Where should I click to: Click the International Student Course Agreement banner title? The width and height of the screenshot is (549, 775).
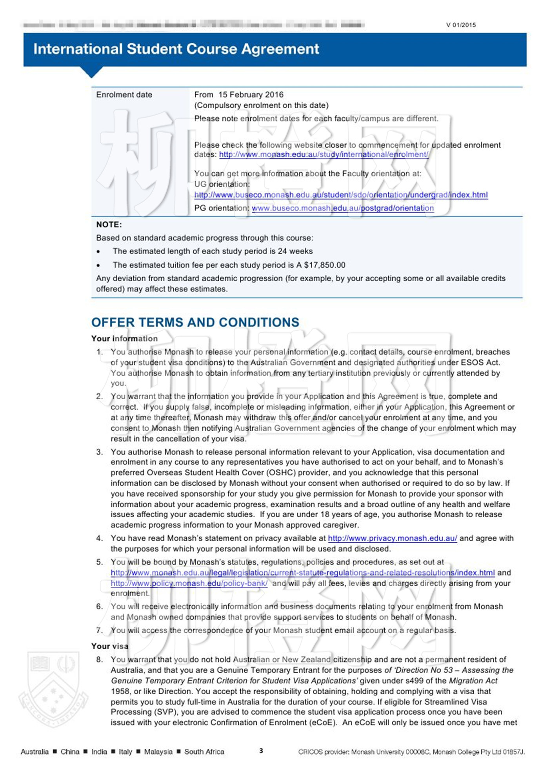coord(176,49)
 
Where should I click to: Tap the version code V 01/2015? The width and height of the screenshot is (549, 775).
coord(461,25)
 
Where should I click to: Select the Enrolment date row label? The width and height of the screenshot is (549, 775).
coord(124,95)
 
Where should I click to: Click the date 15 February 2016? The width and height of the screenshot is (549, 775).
coord(251,95)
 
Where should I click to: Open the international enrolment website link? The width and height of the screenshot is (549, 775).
coord(324,155)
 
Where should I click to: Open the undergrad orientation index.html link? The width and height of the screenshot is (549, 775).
coord(341,195)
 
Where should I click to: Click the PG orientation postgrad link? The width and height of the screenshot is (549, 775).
coord(342,208)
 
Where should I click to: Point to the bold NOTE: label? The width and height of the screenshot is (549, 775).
coord(109,225)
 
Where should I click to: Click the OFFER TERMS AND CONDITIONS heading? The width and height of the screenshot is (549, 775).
coord(195,322)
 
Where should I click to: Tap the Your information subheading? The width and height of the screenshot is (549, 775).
coord(124,339)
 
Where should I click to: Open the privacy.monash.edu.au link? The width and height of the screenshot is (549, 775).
coord(392,539)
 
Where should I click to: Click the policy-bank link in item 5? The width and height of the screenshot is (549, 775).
coord(189,583)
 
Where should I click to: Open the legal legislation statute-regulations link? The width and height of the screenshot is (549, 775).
coord(302,573)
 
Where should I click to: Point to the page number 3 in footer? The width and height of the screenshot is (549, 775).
coord(261,751)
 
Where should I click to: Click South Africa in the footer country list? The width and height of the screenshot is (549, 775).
coord(204,752)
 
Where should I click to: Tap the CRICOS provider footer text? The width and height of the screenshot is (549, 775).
coord(411,752)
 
